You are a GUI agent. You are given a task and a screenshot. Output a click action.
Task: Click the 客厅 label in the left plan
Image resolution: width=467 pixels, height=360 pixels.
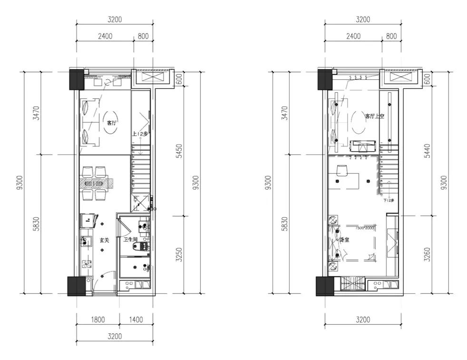pos(112,123)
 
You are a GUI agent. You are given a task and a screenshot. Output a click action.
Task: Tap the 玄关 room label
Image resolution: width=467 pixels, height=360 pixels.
pos(104,241)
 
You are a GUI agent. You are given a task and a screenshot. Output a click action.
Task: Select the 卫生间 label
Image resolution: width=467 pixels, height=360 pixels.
pos(129,240)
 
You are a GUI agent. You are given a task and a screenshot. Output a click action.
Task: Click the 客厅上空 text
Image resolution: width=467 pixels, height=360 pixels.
pos(374,116)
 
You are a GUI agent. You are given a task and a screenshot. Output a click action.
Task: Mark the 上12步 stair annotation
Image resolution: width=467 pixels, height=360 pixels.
pos(139,135)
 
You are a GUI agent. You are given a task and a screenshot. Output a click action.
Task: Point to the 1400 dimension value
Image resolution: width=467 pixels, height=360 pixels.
pos(136,320)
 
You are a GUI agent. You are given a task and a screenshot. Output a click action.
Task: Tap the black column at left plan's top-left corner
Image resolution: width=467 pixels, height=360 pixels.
pos(77,79)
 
